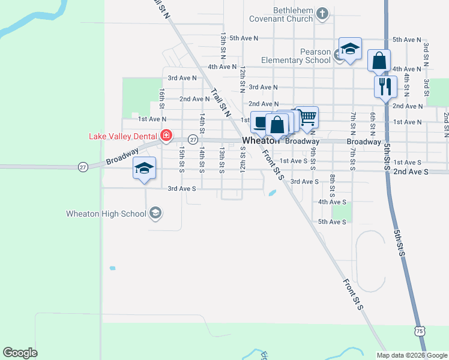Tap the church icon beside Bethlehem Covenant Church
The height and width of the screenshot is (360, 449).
point(322,13)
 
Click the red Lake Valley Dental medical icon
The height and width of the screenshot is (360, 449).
point(166,136)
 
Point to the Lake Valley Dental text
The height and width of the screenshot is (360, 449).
point(122,136)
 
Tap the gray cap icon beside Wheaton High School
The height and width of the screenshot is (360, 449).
point(155,213)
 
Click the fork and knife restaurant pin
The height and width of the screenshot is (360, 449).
point(385,86)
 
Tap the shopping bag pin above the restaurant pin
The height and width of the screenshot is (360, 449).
point(379,60)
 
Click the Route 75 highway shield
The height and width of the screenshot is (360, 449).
point(419,331)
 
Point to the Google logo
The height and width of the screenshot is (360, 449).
point(20,353)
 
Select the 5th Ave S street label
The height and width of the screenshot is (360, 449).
point(332,222)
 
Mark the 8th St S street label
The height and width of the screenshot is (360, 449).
point(332,186)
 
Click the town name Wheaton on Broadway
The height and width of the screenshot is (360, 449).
point(261,141)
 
